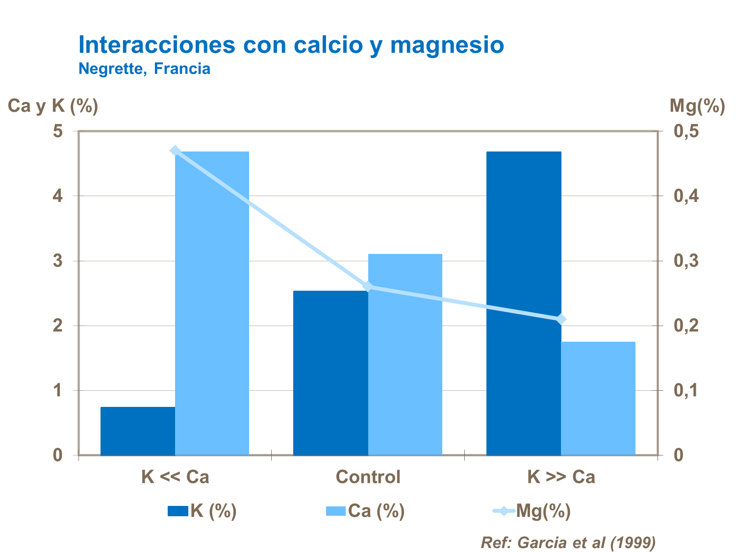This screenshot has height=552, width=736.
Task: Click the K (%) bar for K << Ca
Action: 138,430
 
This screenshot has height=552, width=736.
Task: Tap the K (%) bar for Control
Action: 330,373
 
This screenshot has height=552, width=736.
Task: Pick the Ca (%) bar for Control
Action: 405,354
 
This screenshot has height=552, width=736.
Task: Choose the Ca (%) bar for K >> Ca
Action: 598,398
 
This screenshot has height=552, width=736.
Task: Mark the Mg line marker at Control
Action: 368,287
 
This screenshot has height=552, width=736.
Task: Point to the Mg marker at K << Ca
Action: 175,151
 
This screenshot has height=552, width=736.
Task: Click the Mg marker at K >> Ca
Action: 561,320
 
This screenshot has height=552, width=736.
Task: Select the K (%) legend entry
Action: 202,511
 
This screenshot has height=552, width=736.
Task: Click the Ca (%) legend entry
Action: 365,511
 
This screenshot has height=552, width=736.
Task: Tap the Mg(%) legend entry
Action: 532,511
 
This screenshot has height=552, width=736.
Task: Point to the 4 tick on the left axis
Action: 58,196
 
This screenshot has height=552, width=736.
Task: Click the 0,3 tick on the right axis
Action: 686,261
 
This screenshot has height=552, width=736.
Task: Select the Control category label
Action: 368,477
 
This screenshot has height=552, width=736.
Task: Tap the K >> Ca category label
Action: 561,477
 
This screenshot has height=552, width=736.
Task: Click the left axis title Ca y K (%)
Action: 53,106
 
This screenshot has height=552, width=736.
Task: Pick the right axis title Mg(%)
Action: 697,106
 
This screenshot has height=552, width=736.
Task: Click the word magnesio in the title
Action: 447,45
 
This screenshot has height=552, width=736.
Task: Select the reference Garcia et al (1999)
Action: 568,542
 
